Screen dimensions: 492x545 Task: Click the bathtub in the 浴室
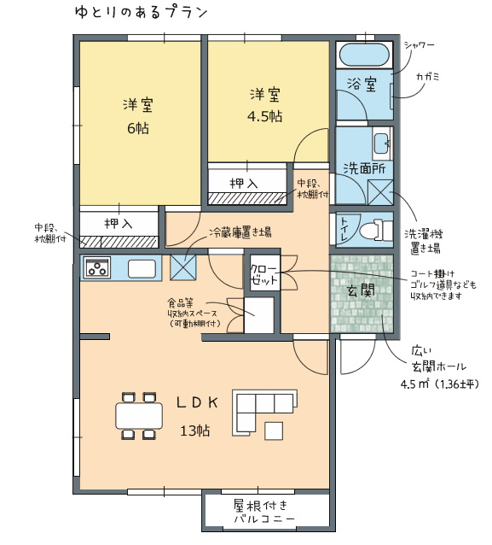tap(364, 55)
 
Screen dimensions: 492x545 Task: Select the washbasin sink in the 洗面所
tap(382, 143)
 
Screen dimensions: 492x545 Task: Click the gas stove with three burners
tap(97, 267)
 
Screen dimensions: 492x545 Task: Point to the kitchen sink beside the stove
tap(142, 268)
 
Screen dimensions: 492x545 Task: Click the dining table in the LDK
tap(139, 415)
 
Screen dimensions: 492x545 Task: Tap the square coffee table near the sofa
tap(274, 431)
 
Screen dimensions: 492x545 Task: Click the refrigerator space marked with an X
tap(182, 267)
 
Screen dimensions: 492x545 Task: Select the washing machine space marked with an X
tap(380, 192)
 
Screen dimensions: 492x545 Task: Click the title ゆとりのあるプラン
tap(142, 13)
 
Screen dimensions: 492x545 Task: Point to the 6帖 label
tap(138, 128)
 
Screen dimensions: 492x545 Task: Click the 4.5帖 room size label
tap(264, 116)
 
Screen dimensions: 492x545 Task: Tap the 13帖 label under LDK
tap(195, 431)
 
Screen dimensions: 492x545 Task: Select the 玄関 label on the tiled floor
tap(362, 290)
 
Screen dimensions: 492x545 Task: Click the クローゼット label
tap(264, 274)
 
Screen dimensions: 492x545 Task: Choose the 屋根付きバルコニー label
tap(264, 512)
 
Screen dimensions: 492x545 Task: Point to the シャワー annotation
tap(420, 44)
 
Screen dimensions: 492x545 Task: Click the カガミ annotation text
tap(428, 76)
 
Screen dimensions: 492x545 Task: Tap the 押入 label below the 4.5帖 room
tap(244, 183)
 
